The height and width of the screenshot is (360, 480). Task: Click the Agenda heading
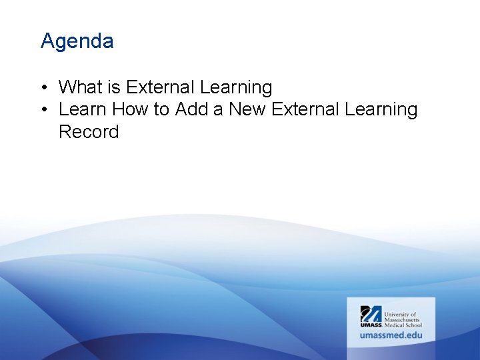[77, 41]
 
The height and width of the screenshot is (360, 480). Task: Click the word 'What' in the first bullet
[79, 87]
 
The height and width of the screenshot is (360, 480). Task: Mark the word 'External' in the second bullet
[307, 109]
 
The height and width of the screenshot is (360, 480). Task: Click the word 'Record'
[89, 132]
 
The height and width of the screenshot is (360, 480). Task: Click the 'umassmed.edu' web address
[391, 335]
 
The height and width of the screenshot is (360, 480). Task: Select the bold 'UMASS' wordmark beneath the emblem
[371, 325]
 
